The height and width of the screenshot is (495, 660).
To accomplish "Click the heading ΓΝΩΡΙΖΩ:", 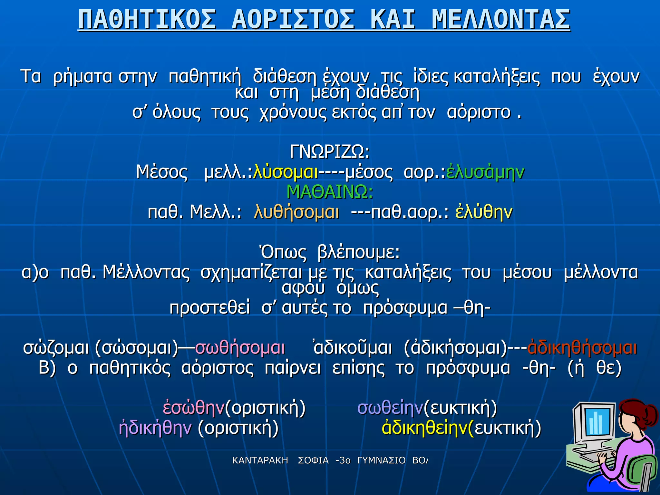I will coord(330,151).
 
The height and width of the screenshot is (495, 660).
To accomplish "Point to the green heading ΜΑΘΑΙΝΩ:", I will coord(330,192).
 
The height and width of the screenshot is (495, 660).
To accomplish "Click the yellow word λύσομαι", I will coord(286,172).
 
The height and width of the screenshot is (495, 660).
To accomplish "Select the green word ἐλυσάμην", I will coord(485,172).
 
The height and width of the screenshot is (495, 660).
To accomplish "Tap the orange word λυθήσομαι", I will coord(296,212).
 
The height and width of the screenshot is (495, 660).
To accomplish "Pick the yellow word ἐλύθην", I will coord(484,212).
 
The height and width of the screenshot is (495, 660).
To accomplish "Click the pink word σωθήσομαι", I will coord(240,348).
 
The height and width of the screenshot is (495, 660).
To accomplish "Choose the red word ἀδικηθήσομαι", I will coord(582,348).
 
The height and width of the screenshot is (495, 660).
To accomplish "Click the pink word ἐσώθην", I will coord(194,408).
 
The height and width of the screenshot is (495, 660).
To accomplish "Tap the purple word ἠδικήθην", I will coord(155,428).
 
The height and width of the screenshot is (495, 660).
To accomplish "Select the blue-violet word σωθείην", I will coord(390,408).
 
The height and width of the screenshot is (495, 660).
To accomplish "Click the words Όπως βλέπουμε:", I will coord(330,252).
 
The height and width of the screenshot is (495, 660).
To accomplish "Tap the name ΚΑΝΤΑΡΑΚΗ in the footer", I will coord(260,461).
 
